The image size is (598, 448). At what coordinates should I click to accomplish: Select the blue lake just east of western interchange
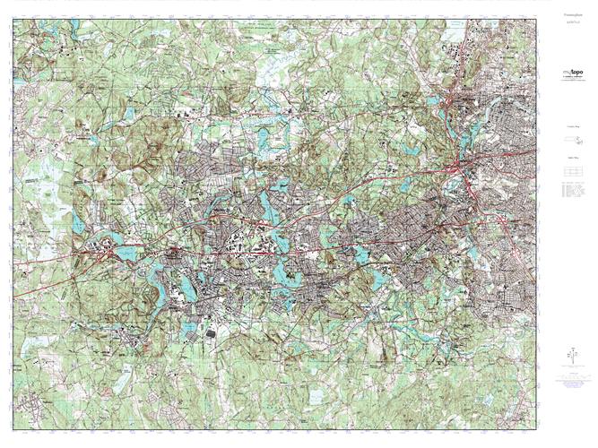pos(126,254)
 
